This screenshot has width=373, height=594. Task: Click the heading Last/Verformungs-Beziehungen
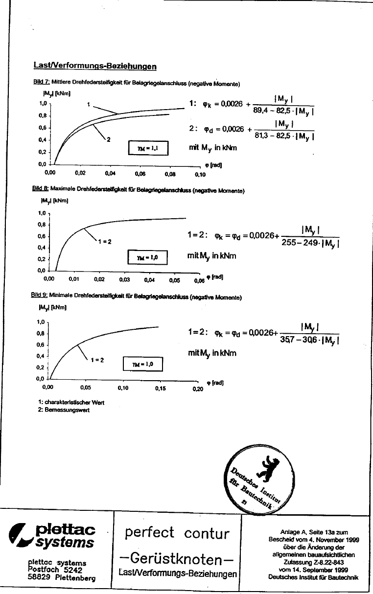(95, 66)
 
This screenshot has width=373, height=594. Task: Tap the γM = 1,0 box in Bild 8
(147, 256)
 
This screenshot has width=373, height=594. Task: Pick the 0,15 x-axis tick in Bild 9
(161, 388)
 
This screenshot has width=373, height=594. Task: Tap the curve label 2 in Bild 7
(109, 140)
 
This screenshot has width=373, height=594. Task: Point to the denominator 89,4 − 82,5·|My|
(283, 111)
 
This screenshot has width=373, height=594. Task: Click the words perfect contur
(177, 533)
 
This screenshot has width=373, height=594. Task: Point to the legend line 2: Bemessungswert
(64, 411)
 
